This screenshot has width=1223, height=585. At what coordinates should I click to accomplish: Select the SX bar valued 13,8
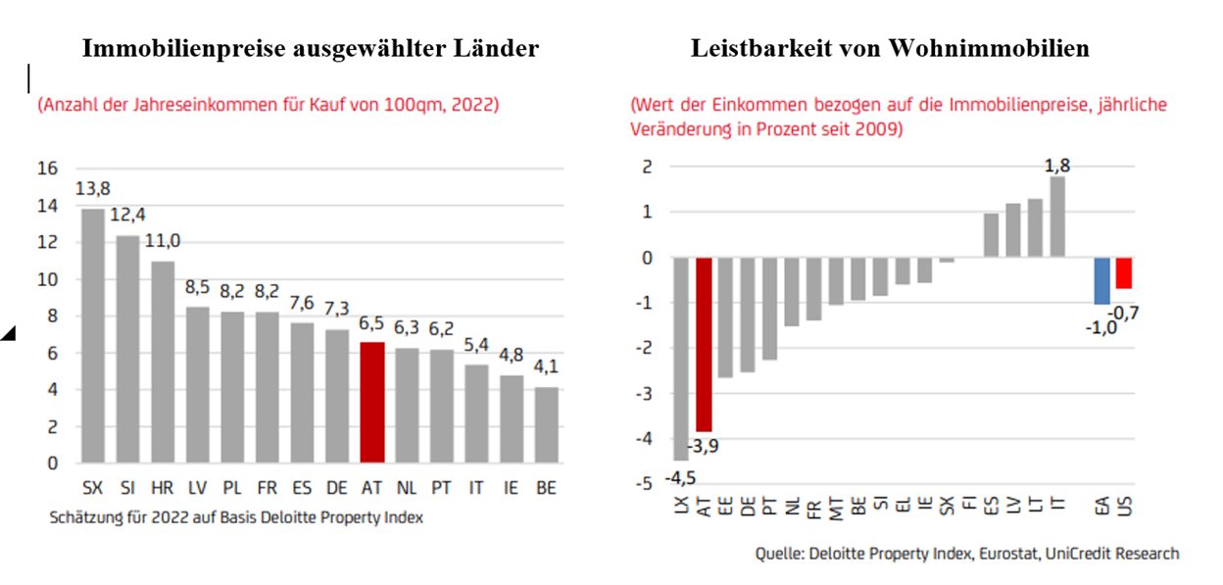[92, 335]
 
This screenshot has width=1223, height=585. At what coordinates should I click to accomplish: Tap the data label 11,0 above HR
[163, 241]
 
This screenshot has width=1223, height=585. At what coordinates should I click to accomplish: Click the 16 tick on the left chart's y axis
[47, 169]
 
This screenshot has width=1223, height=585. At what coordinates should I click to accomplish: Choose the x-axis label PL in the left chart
[232, 486]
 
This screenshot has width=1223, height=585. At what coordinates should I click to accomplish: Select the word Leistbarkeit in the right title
[747, 48]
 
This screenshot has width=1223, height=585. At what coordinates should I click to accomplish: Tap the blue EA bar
[1101, 281]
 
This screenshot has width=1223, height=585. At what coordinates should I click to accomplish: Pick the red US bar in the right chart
[1123, 273]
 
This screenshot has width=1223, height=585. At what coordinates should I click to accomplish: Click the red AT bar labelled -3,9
[705, 344]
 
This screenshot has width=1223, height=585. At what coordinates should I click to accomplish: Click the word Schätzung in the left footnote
[89, 517]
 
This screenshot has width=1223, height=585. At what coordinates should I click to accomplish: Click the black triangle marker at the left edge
[8, 335]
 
